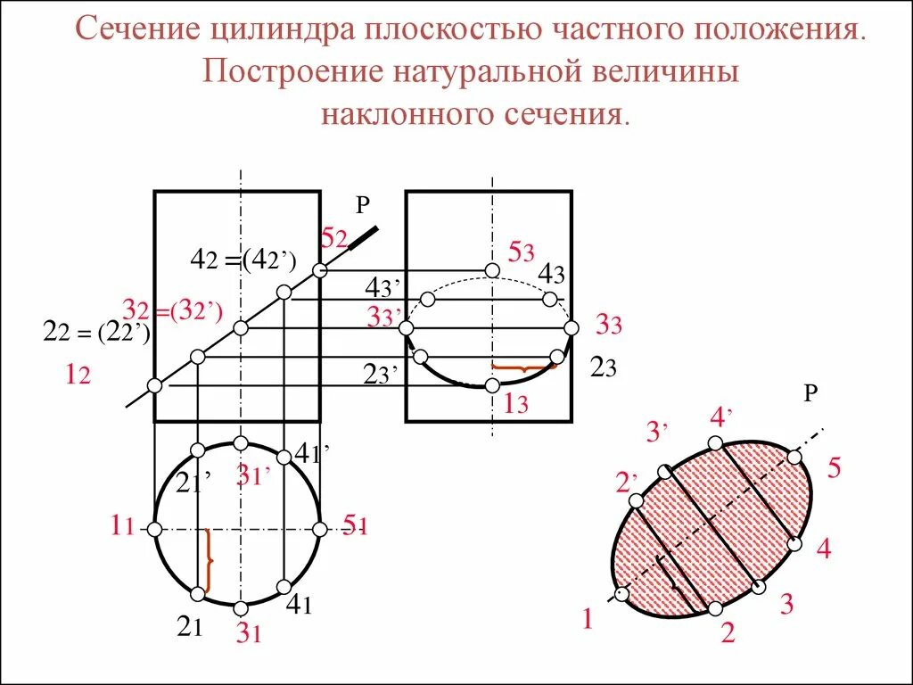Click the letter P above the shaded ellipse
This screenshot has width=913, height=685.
coord(810,393)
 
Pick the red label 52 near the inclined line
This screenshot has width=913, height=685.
coord(334,238)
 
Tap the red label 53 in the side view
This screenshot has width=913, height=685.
coord(521,252)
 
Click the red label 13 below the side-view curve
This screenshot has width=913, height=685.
coord(516,404)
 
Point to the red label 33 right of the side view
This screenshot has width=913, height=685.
coord(608,326)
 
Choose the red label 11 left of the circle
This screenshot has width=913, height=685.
coord(122,527)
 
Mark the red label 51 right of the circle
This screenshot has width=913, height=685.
coord(356,526)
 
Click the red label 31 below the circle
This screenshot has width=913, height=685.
coord(248,633)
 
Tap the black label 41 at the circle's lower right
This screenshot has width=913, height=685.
coord(298,606)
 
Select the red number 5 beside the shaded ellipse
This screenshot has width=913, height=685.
coord(834,468)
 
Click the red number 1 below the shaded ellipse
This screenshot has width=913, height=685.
coord(588,619)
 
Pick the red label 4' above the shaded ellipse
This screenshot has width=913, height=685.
coord(721,417)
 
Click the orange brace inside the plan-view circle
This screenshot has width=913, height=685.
coord(209,560)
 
